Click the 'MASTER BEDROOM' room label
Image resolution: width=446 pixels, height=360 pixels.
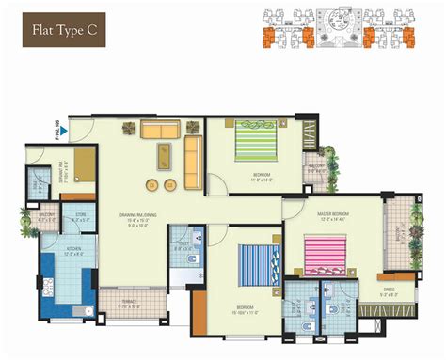334,214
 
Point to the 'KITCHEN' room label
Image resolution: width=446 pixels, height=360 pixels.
73,248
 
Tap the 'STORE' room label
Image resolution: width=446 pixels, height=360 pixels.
81,215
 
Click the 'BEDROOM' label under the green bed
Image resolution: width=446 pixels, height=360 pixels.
262,175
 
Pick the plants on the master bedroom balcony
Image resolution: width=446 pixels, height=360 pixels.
410,235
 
